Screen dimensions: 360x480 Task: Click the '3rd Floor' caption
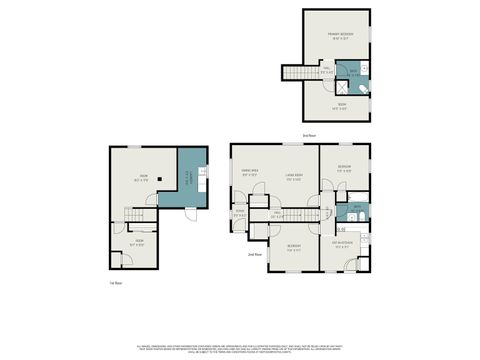309,134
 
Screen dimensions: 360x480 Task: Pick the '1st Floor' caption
117,283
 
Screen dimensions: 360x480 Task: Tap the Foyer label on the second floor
240,213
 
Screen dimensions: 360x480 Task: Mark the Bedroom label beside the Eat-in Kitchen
293,247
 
